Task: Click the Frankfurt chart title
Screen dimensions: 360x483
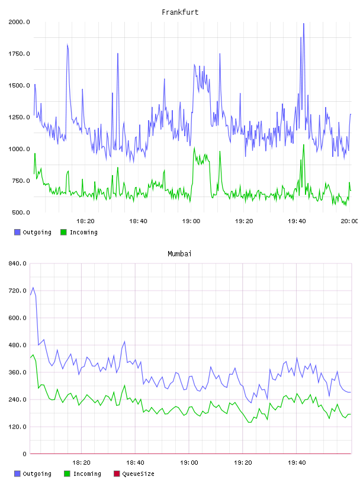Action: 180,12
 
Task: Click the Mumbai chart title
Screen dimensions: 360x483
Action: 179,253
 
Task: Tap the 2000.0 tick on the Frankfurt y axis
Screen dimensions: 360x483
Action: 19,22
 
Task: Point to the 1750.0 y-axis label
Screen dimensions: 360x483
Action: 19,54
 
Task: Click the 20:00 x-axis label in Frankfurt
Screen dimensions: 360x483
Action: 349,221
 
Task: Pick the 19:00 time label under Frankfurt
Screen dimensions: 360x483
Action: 191,221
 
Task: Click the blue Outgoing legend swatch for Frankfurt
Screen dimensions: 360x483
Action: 17,232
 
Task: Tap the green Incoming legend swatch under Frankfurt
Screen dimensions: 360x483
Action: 63,232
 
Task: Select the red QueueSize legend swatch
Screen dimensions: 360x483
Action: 117,474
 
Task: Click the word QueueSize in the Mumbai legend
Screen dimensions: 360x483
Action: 138,474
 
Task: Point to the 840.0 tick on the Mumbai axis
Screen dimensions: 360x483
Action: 18,263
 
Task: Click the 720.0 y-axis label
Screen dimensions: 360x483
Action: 18,291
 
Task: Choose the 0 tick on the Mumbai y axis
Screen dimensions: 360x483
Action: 24,454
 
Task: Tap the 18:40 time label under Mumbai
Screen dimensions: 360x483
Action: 135,462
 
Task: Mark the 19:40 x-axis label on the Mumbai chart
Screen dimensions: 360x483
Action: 297,462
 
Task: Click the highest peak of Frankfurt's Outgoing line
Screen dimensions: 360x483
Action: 304,24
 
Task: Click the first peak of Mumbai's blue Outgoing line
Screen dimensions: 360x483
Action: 33,288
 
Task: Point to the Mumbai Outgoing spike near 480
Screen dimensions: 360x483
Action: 124,342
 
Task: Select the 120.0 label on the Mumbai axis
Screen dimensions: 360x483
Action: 18,427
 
